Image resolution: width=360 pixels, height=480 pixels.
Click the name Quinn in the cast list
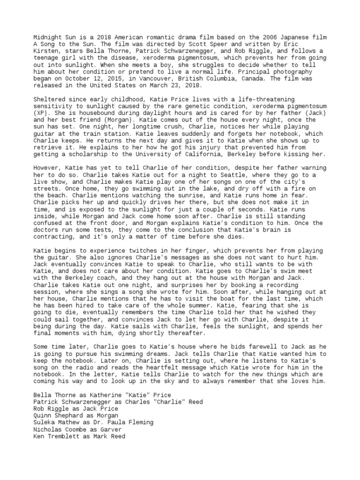coord(43,415)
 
